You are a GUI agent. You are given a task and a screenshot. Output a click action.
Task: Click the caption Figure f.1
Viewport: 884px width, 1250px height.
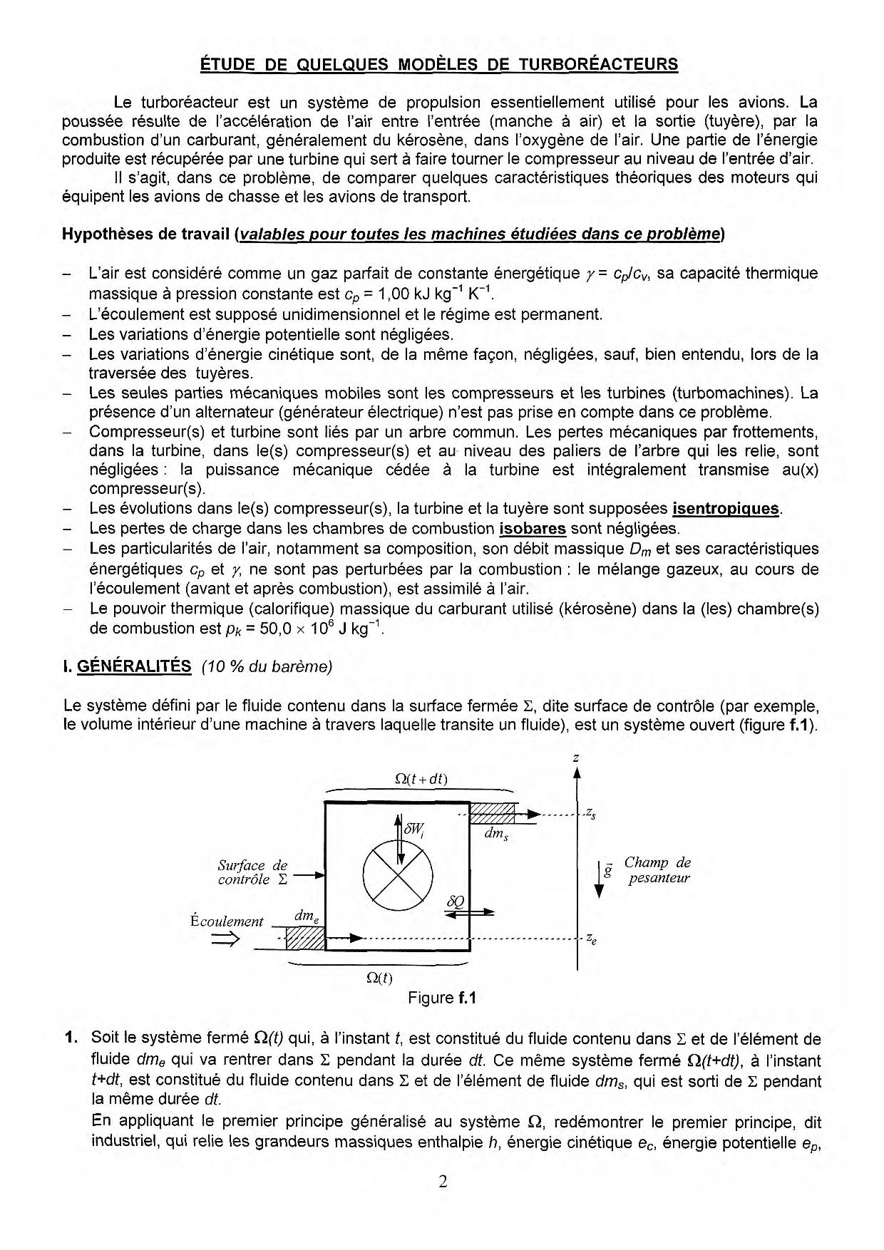(x=442, y=998)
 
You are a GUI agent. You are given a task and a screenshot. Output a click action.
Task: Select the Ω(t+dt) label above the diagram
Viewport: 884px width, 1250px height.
(x=421, y=779)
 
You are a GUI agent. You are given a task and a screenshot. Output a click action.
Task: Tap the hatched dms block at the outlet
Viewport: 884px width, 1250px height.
(x=493, y=814)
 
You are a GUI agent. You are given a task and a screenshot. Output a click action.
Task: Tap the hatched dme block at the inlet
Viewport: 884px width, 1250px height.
(x=305, y=938)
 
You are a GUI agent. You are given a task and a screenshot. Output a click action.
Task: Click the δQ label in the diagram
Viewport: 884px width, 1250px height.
(x=455, y=902)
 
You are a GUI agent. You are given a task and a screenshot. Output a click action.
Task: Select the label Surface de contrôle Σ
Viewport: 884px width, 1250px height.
(x=253, y=873)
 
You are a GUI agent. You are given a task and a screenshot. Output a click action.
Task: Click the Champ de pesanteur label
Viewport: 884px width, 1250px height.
(x=658, y=870)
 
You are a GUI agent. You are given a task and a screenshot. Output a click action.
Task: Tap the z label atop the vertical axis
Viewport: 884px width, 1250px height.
(x=576, y=758)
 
